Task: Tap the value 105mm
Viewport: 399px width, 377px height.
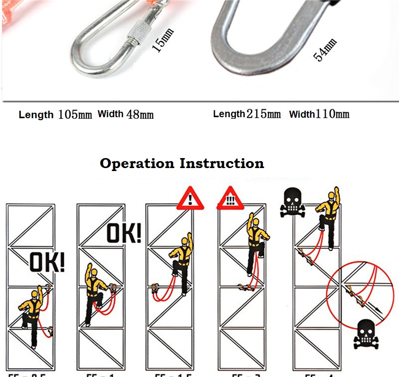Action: pyautogui.click(x=75, y=114)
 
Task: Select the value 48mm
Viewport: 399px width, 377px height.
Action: pyautogui.click(x=140, y=114)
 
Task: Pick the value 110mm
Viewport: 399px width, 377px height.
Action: pyautogui.click(x=333, y=114)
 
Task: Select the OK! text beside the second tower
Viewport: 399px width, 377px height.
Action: pyautogui.click(x=124, y=233)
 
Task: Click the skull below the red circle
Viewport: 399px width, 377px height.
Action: pyautogui.click(x=365, y=334)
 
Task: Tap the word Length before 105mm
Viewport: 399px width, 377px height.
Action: pyautogui.click(x=36, y=115)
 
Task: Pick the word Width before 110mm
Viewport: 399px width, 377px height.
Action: pyautogui.click(x=302, y=114)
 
